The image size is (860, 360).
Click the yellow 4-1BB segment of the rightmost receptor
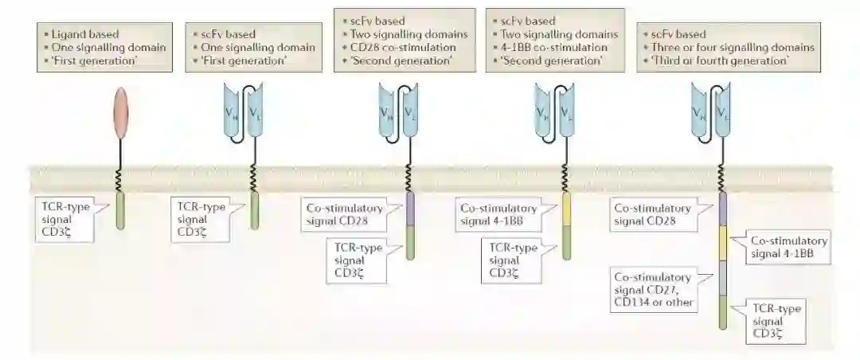(x=723, y=243)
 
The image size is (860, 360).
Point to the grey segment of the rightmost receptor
(x=723, y=280)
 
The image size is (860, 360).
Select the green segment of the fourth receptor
(x=566, y=242)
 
